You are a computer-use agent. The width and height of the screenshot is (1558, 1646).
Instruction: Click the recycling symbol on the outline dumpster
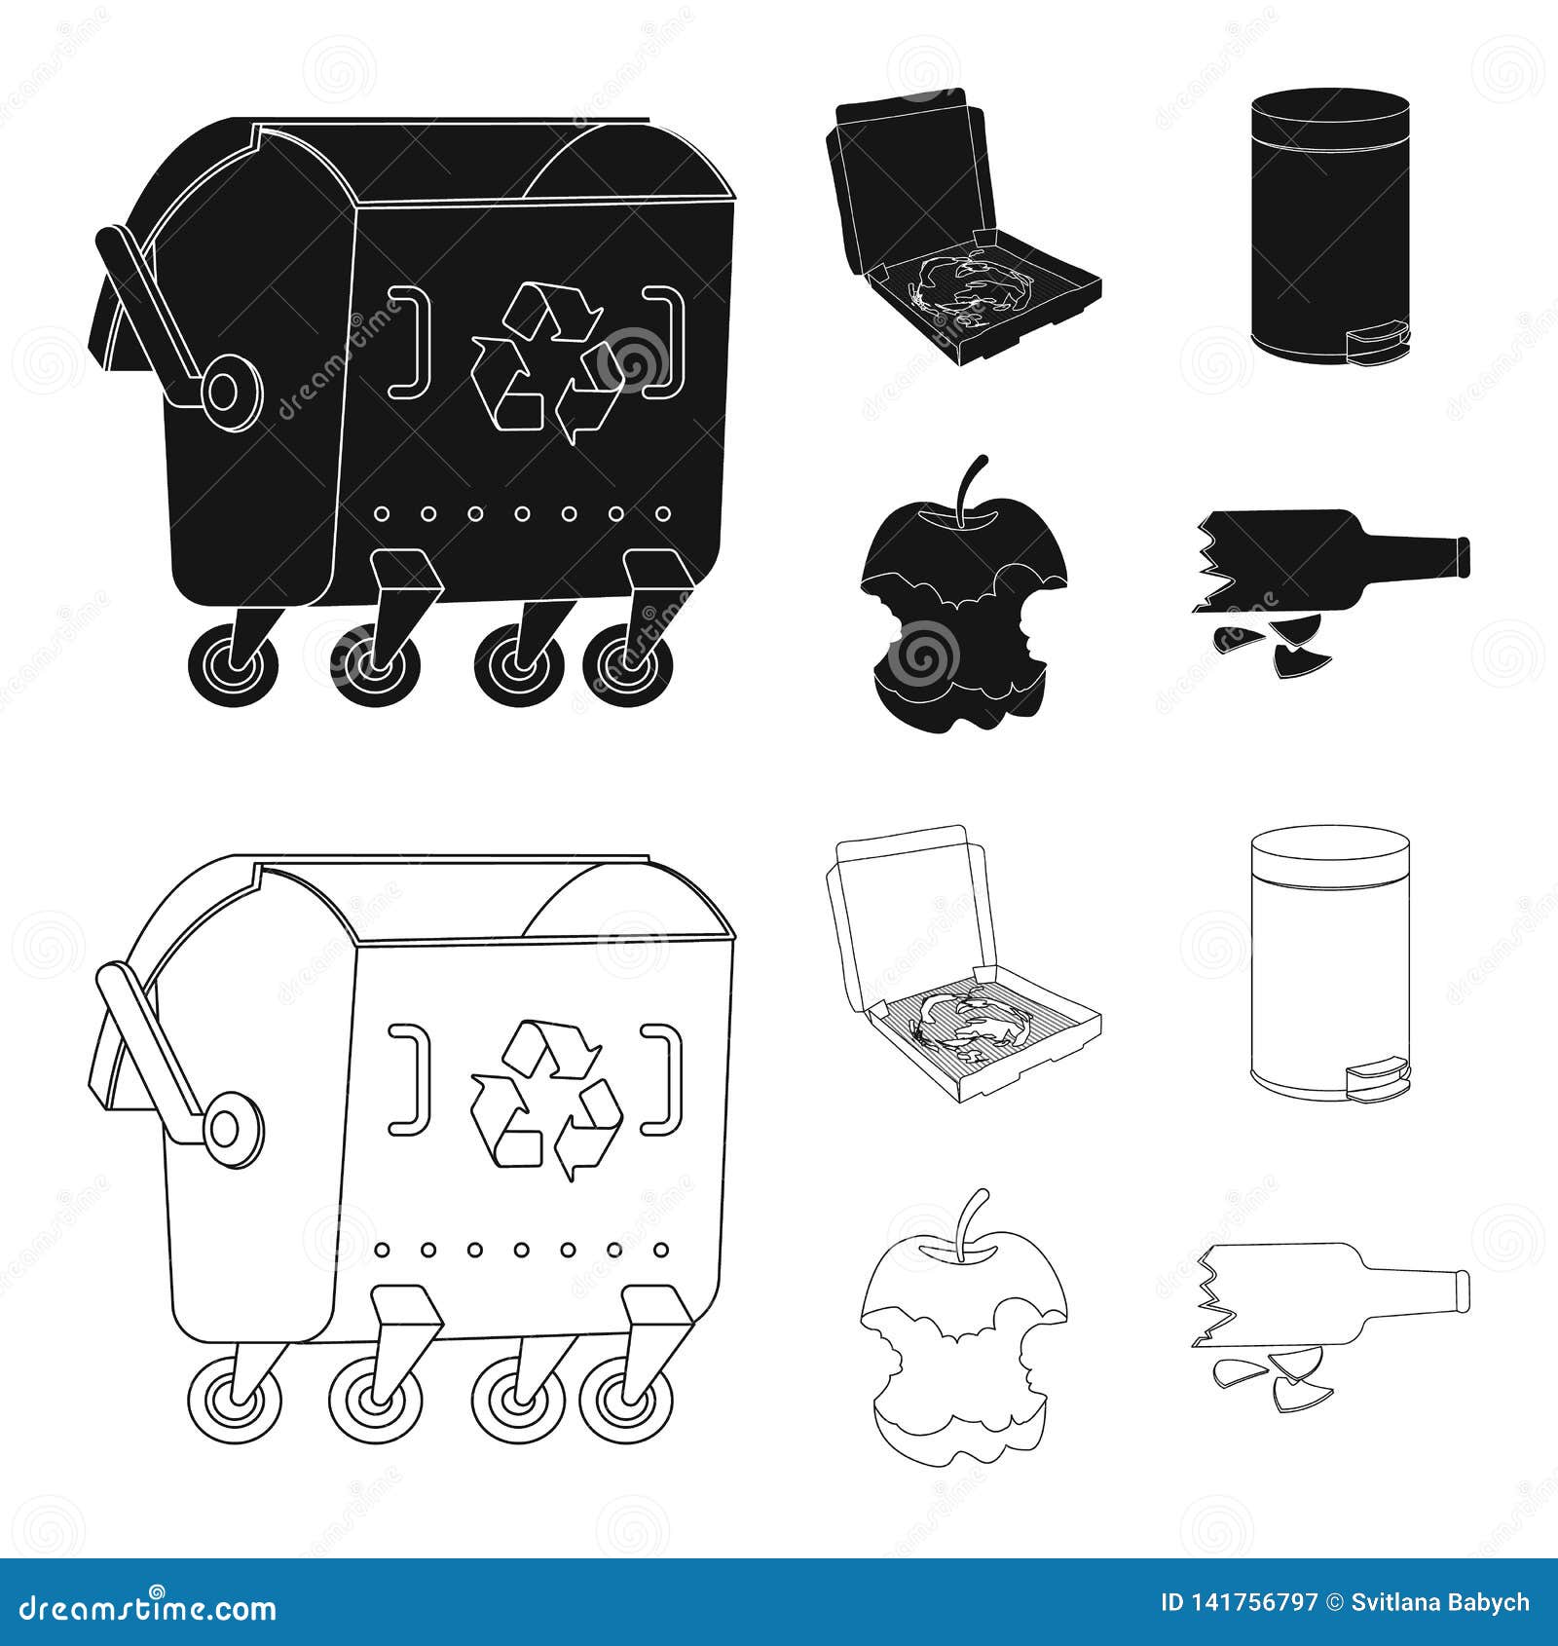[x=546, y=1099]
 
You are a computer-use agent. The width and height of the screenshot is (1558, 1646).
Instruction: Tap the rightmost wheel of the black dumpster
[x=628, y=665]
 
